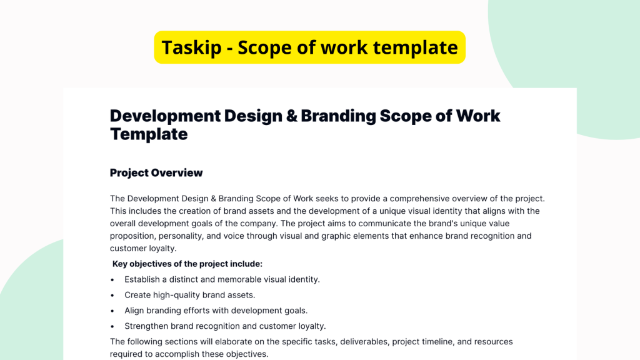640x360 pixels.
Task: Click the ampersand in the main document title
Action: pyautogui.click(x=290, y=116)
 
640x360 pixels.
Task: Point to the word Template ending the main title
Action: pyautogui.click(x=149, y=134)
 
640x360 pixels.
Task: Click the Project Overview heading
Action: pyautogui.click(x=156, y=172)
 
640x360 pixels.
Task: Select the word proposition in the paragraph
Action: pyautogui.click(x=132, y=236)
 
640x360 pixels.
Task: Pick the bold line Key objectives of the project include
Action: pyautogui.click(x=187, y=264)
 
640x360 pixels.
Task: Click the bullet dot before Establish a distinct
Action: pyautogui.click(x=112, y=280)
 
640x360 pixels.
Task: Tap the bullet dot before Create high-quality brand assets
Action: pyautogui.click(x=112, y=295)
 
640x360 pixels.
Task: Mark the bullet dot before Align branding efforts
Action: pyautogui.click(x=112, y=311)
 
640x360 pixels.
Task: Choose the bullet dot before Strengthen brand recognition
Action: pyautogui.click(x=112, y=326)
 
